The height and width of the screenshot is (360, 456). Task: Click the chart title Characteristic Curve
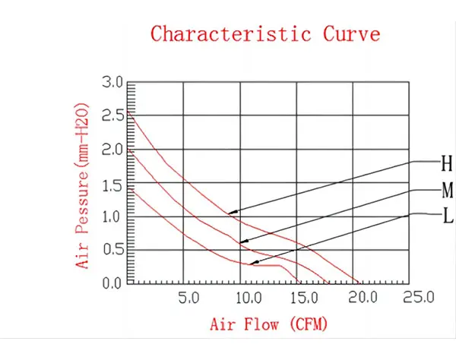point(265,34)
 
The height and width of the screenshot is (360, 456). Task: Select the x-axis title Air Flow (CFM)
point(269,325)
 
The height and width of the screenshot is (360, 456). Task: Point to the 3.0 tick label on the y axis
point(112,82)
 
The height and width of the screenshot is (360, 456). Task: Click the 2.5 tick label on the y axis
point(112,116)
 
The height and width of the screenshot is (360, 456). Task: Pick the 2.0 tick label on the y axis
point(112,150)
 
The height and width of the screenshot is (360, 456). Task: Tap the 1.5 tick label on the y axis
point(112,184)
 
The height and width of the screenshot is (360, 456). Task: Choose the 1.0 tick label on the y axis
point(112,217)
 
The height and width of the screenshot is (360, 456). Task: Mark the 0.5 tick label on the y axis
point(112,250)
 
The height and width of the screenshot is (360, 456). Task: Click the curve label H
point(447,163)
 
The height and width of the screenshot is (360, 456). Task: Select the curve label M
point(447,189)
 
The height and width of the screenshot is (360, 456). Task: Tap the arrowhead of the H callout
point(231,212)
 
